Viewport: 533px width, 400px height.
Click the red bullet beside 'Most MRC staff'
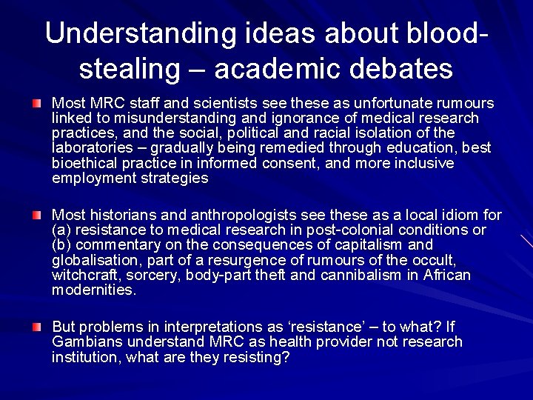[37, 102]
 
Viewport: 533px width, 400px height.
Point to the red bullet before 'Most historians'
[37, 215]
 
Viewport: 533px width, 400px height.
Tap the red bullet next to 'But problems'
[37, 327]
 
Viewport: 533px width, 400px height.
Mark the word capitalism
[359, 245]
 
